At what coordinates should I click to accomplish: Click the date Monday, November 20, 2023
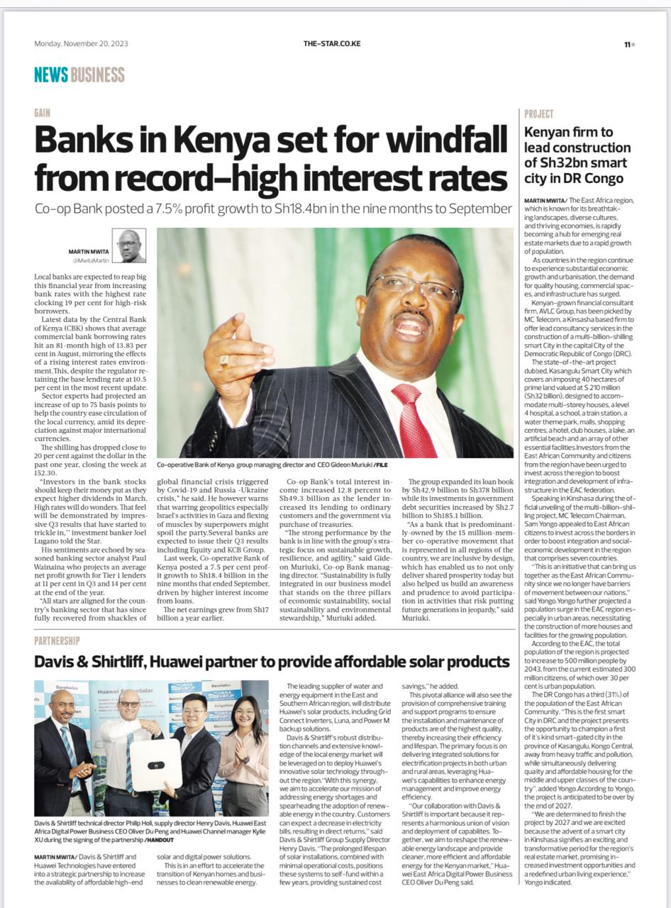pos(81,44)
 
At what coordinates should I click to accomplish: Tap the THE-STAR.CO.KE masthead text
pos(332,44)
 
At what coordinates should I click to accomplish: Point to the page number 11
pos(628,45)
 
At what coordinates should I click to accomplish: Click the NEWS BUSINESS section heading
pos(79,75)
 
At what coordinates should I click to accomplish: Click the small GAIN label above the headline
pos(42,113)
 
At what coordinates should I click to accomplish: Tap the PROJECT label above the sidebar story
pos(539,113)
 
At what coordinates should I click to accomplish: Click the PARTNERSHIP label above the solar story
pos(57,641)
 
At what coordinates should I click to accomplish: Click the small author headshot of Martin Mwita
pos(128,245)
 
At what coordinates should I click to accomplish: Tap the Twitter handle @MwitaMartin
pos(91,260)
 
